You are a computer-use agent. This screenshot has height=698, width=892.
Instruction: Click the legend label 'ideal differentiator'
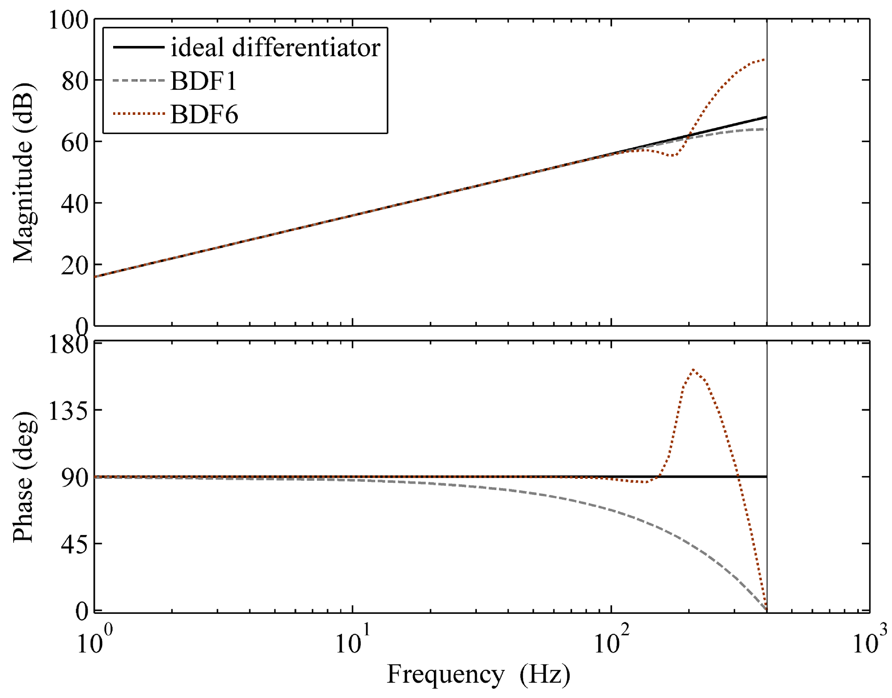tap(275, 47)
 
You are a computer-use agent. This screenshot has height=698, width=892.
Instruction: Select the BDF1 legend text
tap(203, 81)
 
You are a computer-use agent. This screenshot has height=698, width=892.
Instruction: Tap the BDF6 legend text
tap(204, 114)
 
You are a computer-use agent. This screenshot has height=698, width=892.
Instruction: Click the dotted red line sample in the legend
tap(139, 114)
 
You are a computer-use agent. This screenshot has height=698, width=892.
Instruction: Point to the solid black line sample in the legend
tap(139, 47)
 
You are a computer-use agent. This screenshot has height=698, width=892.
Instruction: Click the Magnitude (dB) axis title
tap(23, 172)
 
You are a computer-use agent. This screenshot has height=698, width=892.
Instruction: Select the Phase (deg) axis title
tap(23, 477)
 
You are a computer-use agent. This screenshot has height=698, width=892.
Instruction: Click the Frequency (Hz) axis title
tap(479, 674)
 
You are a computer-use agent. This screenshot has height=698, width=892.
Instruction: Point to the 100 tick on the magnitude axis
tap(68, 20)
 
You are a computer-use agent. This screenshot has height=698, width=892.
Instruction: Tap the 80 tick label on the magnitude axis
tap(75, 81)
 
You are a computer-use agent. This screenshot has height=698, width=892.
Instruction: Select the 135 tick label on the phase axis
tap(68, 411)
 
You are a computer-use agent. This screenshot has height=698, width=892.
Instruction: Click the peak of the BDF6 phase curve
tap(693, 369)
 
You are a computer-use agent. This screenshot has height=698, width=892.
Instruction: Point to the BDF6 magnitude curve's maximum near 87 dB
tap(764, 60)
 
